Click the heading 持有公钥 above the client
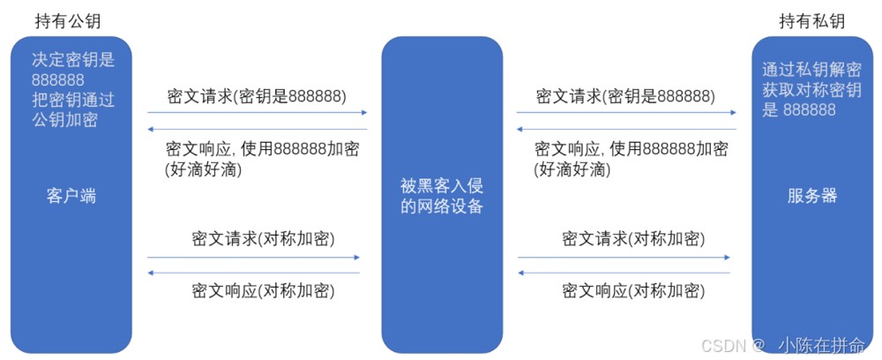68,21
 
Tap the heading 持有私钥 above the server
811,21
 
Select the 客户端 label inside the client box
71,196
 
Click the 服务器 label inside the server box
812,196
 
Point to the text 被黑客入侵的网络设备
442,196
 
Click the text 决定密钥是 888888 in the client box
73,70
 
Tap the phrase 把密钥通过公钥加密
73,109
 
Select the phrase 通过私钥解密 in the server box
811,69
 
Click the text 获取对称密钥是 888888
811,100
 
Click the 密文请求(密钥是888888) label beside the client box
257,96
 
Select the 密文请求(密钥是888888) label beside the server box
625,96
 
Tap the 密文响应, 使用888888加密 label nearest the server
631,149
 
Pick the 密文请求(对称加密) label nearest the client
263,238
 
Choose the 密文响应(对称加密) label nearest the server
632,291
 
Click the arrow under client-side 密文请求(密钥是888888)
257,113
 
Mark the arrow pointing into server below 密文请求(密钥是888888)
626,113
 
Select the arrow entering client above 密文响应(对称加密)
253,273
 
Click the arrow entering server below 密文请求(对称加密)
624,257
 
